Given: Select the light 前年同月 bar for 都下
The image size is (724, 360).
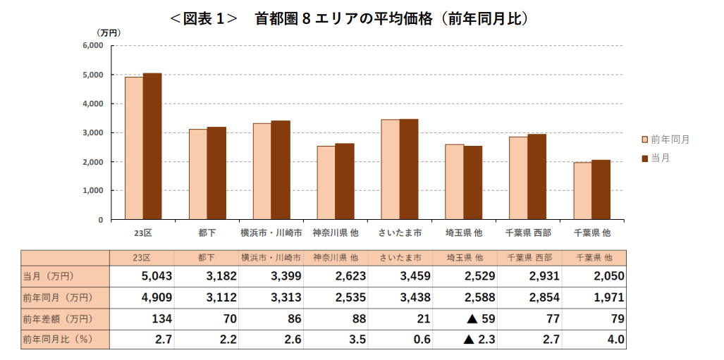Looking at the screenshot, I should pos(198,174).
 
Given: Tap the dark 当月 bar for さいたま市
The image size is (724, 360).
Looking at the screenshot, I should pos(409,169).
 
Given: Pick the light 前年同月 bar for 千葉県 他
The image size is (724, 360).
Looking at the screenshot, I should pos(582,191).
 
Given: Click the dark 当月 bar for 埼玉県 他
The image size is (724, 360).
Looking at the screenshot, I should pos(473,182).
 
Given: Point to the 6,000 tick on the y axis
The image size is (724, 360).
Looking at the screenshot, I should pos(93,46).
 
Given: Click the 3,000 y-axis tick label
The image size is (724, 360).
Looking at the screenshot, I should pos(93,132).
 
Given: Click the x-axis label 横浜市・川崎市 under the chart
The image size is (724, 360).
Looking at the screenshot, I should pos(271,232).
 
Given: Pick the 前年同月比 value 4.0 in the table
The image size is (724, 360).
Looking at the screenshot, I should pos(615,340).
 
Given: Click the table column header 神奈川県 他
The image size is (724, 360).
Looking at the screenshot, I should pos(336,257).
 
